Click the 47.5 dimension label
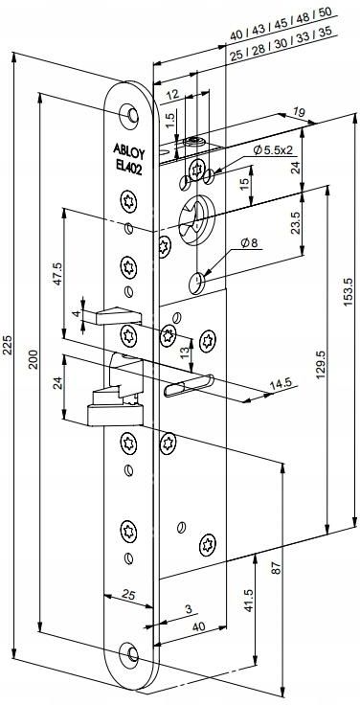coord(56,275)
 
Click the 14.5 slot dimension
coord(280,383)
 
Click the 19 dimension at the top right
coord(300,114)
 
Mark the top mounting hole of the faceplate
coord(128,115)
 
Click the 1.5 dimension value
coord(168,120)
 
